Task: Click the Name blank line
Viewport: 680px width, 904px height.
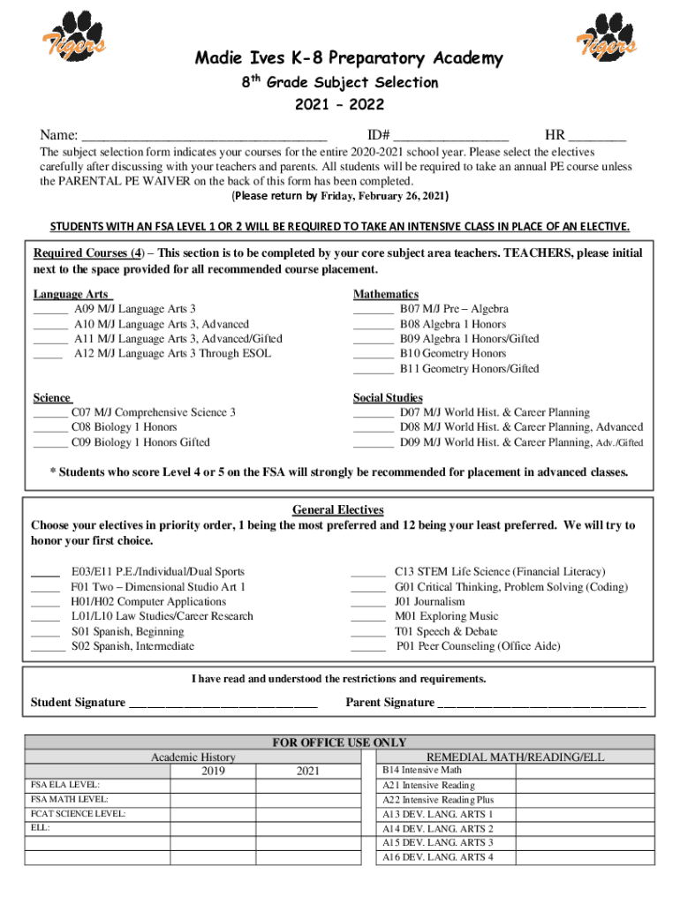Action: (204, 138)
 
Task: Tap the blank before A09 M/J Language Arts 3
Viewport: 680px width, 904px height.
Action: (50, 311)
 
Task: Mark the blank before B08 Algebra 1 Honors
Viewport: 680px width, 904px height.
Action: (373, 326)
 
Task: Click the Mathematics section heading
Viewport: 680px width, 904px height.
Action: (386, 294)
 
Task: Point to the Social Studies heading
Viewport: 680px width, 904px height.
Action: (388, 398)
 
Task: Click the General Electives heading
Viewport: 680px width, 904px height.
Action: (338, 510)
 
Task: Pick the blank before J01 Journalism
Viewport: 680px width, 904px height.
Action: (368, 603)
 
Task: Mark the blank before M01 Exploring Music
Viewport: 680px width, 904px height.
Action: (368, 618)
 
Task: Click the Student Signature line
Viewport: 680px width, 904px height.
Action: (223, 704)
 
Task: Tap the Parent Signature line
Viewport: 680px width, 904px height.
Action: (541, 704)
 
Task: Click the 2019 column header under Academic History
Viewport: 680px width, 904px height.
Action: (213, 772)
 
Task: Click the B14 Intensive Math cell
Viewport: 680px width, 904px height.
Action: (421, 771)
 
